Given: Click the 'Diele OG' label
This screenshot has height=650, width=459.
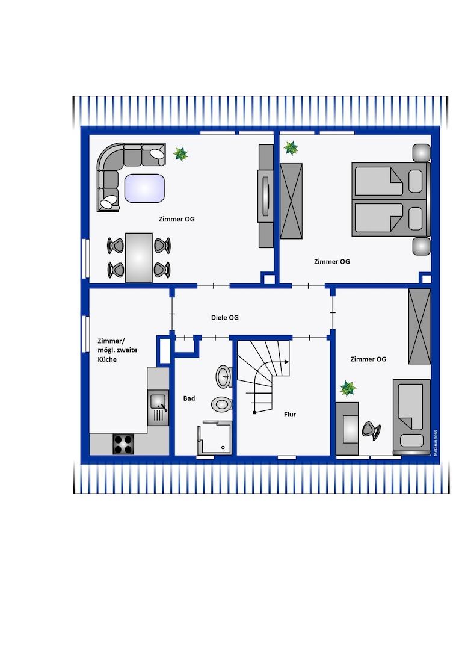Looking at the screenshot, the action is [224, 318].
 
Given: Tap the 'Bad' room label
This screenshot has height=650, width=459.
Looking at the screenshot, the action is [189, 398].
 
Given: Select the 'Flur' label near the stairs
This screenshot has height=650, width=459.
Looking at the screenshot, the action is [290, 414].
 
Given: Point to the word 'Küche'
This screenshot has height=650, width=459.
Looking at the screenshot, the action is [107, 359].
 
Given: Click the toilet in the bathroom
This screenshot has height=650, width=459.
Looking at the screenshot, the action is [221, 404].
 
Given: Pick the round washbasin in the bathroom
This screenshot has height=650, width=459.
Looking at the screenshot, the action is [224, 376].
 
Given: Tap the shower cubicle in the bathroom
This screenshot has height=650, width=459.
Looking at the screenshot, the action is [215, 438].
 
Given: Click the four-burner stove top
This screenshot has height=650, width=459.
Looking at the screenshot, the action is [123, 444].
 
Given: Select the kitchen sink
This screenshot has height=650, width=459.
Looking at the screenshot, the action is [158, 408].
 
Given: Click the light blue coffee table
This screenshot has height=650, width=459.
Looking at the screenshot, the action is [144, 188].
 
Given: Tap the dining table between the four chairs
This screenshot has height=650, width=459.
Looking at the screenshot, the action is [139, 258].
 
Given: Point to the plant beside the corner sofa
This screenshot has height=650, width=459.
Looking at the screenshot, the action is [180, 154].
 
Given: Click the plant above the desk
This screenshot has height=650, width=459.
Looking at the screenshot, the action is [348, 388].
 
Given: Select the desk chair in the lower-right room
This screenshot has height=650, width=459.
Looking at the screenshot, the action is [371, 431].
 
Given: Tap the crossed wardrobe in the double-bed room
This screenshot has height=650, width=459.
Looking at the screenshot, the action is [291, 201].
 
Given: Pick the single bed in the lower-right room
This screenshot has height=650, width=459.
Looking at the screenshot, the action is [411, 416].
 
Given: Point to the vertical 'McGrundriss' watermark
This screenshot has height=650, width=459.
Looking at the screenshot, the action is [436, 443].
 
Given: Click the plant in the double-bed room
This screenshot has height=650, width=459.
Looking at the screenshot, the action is [291, 147].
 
